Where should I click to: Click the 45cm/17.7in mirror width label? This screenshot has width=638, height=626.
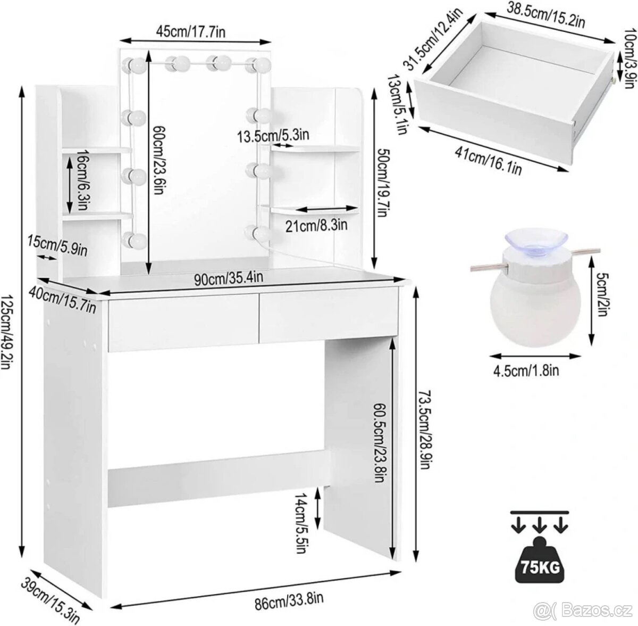[x=190, y=31]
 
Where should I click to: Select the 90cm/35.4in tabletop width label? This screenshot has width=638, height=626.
[x=229, y=278]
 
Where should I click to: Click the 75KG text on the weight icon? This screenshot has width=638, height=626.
[x=540, y=567]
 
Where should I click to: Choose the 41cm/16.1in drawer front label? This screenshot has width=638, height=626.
[x=489, y=161]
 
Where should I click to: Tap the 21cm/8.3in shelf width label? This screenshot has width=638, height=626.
[x=316, y=226]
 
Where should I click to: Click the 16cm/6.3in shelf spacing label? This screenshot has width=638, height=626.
[x=82, y=179]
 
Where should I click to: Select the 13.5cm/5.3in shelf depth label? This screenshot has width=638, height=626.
[x=273, y=136]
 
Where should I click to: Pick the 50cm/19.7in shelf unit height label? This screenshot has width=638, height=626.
[x=382, y=183]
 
